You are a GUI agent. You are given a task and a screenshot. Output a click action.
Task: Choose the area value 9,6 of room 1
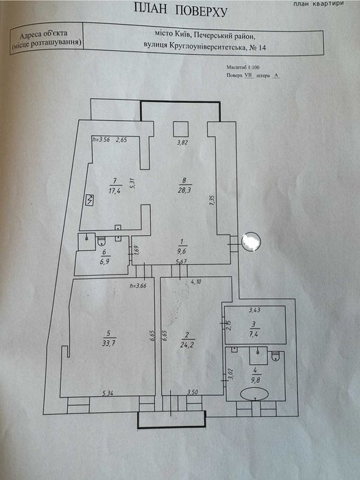click(181, 251)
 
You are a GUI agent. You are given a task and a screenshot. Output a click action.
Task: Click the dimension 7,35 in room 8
click(213, 198)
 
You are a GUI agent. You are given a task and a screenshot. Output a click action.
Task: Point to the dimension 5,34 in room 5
click(108, 393)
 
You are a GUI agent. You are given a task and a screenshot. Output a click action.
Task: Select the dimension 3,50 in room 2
click(193, 393)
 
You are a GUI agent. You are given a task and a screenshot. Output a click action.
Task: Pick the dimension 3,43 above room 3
click(254, 312)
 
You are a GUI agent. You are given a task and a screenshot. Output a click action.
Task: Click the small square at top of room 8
click(181, 128)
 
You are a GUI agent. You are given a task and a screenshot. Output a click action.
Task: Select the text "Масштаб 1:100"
click(242, 69)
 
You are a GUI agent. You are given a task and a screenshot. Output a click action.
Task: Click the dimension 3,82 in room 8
click(182, 143)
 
